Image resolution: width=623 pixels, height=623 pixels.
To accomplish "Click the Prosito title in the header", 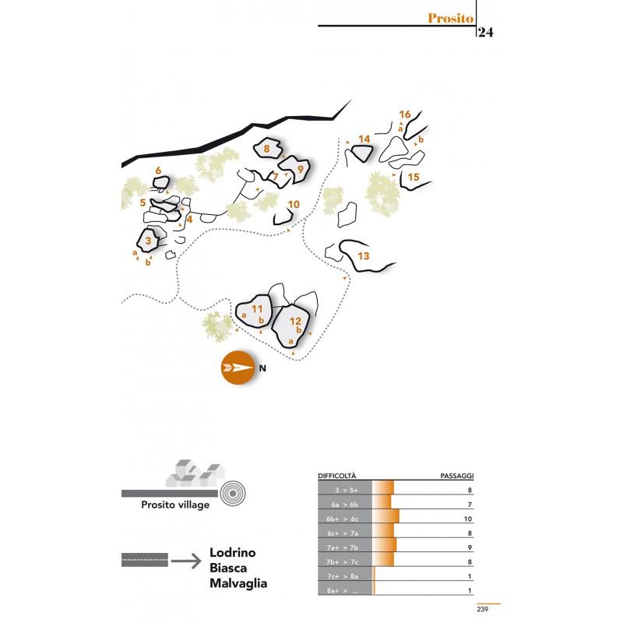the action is point(451,18).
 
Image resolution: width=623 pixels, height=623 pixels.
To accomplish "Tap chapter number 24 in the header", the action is point(485,32).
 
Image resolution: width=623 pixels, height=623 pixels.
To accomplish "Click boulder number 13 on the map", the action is point(363,256).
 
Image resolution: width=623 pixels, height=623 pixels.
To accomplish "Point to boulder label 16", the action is point(404,114).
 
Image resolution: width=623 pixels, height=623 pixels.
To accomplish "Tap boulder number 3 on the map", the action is point(148,241).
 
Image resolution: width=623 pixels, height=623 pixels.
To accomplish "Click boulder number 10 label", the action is point(294,205).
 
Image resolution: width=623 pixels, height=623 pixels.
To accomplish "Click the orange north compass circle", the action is point(238,368).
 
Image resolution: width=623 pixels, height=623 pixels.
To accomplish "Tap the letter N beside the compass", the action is point(262,368).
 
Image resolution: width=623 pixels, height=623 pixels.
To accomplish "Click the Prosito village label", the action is point(175,505).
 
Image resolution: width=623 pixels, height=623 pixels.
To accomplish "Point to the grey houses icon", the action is point(195,473).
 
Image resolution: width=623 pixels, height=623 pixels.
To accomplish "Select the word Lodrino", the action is point(232,552).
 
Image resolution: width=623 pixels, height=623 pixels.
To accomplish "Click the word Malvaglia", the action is point(238,583).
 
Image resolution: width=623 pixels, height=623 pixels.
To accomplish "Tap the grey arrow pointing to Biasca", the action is point(186,561).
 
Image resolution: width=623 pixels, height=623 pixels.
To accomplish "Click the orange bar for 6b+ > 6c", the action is point(385,516).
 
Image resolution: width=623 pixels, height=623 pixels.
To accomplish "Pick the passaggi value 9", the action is point(470,547).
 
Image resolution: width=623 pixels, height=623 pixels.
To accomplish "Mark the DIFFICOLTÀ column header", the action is point(337,476).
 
